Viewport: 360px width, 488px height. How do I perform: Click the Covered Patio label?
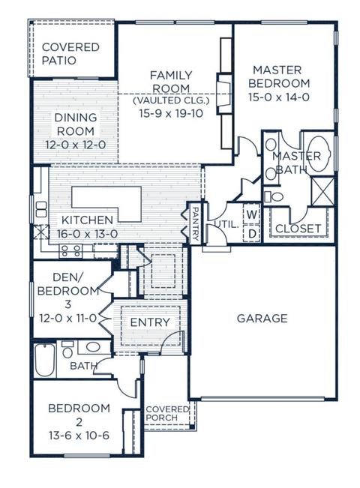(70, 53)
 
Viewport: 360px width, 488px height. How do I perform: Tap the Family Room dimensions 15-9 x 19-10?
(171, 113)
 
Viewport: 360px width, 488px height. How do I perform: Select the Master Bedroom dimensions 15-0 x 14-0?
(279, 97)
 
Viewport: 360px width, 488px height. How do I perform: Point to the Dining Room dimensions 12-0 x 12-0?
(76, 145)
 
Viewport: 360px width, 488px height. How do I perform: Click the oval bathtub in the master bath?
(319, 154)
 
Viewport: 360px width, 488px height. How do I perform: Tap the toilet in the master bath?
(274, 196)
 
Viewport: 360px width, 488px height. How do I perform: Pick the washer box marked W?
(252, 214)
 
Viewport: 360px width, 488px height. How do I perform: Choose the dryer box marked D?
(252, 233)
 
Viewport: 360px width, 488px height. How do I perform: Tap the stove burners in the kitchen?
(71, 251)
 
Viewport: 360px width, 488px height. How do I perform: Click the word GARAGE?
(262, 319)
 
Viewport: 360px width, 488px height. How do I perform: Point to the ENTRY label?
(150, 322)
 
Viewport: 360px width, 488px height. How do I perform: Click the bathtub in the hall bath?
(45, 360)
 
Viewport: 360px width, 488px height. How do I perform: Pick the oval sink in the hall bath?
(93, 347)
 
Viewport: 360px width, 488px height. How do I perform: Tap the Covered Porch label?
(167, 413)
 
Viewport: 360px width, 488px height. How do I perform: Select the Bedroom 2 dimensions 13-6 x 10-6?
(79, 436)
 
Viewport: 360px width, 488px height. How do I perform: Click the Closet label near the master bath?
(298, 229)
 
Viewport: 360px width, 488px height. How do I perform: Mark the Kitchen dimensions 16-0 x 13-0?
(88, 233)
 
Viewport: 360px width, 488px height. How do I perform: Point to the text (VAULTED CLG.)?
(171, 100)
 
